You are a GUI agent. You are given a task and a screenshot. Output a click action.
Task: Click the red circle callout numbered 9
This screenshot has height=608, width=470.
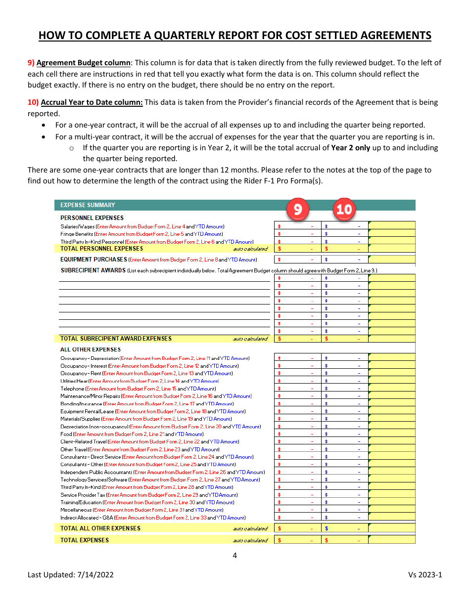click(x=297, y=209)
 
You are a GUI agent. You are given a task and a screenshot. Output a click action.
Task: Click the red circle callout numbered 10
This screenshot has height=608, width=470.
click(x=344, y=209)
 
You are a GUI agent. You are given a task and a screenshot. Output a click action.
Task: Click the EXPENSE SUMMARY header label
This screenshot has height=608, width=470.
click(x=88, y=205)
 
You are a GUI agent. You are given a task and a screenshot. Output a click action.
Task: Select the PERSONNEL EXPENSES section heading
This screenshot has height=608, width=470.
click(x=92, y=218)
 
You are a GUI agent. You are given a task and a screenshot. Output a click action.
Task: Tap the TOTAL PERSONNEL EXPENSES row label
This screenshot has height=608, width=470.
click(x=101, y=249)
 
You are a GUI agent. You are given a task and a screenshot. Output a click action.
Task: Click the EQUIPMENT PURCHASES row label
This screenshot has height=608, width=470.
click(x=94, y=260)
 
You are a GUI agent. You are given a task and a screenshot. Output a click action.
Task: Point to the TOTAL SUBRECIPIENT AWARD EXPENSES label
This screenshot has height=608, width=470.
click(x=116, y=339)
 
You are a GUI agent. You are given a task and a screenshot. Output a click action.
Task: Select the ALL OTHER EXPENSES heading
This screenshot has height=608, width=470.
click(x=91, y=349)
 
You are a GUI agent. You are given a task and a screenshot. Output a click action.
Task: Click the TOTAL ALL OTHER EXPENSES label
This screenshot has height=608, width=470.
click(x=100, y=528)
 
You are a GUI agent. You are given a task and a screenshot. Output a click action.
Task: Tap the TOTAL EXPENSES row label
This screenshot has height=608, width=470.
click(x=85, y=540)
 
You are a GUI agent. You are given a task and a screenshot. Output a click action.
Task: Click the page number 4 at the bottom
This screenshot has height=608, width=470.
click(x=235, y=556)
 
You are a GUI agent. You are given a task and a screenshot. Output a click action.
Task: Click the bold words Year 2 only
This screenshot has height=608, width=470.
click(x=351, y=148)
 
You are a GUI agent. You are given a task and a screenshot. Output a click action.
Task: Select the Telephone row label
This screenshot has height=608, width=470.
click(x=72, y=389)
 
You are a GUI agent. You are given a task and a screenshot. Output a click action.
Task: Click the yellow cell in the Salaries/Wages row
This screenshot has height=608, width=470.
click(x=391, y=226)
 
